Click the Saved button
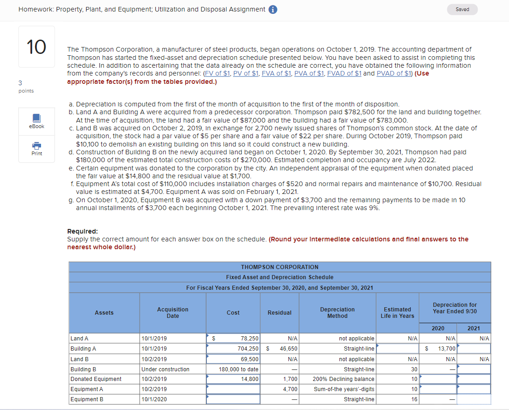pos(462,9)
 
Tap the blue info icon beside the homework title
pos(272,10)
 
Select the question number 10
pos(36,47)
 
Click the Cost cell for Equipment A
pos(233,389)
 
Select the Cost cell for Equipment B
pos(233,399)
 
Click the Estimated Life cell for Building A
pos(398,349)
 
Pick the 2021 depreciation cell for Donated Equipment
pos(474,379)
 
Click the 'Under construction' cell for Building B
pos(165,369)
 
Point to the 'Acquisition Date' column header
pos(173,313)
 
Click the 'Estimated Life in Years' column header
pos(398,313)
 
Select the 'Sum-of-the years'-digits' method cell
pos(344,389)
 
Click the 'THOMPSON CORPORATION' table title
pos(280,267)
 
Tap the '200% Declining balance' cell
pos(344,379)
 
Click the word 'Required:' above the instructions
pos(82,231)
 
